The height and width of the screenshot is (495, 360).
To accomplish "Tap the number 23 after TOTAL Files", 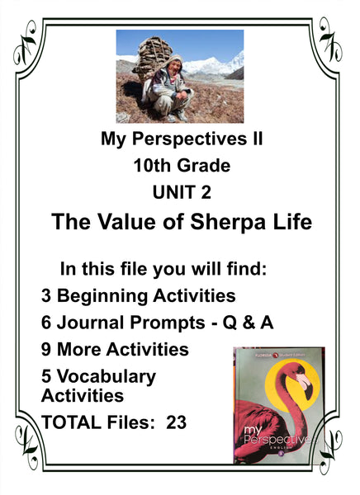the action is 177,422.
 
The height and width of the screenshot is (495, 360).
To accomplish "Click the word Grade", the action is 204,166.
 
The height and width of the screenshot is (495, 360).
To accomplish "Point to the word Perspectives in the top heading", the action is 189,139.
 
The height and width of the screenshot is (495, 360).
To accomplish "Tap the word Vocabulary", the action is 107,377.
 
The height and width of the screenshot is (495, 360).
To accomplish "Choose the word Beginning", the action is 102,296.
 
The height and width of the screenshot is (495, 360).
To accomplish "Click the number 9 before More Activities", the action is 46,350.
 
